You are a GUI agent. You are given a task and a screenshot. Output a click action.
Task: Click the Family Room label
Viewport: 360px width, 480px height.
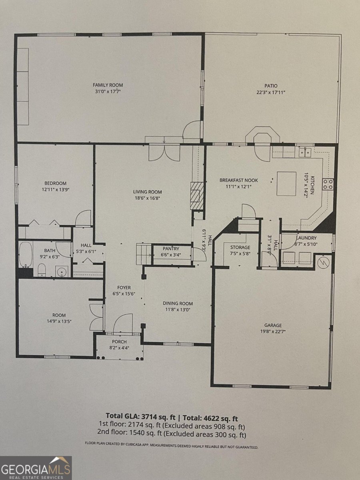[x=108, y=85]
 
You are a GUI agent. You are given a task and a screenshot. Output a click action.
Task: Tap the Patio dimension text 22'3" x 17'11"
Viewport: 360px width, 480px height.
[x=270, y=92]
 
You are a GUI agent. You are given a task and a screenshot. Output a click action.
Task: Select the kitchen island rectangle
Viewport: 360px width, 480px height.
[x=286, y=184]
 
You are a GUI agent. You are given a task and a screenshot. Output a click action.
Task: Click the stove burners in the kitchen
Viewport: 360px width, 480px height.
[x=328, y=184]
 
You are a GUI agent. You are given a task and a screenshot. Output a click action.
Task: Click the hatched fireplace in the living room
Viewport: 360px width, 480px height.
[x=196, y=195]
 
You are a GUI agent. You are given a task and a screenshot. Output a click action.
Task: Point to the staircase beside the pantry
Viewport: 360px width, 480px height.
[x=144, y=253]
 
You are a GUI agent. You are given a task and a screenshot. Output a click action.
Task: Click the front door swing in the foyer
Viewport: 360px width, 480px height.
[x=123, y=323]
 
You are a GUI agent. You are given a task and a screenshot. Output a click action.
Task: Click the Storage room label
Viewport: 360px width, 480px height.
[x=240, y=248]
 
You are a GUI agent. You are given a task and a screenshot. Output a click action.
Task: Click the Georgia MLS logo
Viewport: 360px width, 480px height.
[x=36, y=468]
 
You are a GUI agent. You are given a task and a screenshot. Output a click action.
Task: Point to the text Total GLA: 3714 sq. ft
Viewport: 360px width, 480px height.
[x=136, y=415]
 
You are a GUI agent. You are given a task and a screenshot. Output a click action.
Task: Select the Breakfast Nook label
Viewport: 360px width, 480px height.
[x=238, y=180]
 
